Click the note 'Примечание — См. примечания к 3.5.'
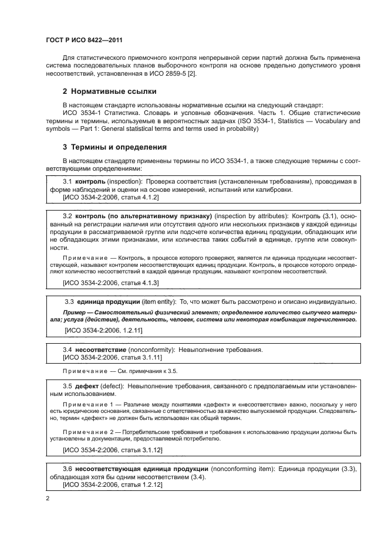click(x=120, y=371)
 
